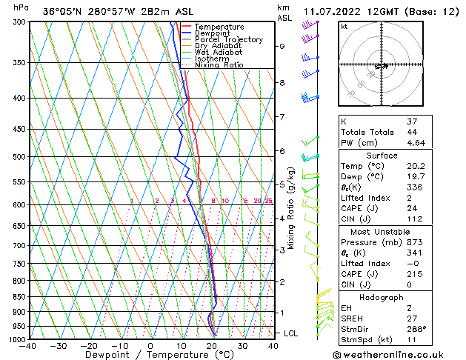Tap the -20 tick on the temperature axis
pyautogui.click(x=89, y=345)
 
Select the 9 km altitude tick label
pyautogui.click(x=282, y=46)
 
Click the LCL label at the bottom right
pyautogui.click(x=291, y=333)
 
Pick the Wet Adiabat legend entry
pyautogui.click(x=218, y=52)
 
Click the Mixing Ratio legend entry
pyautogui.click(x=219, y=64)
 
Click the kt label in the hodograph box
pyautogui.click(x=344, y=26)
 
